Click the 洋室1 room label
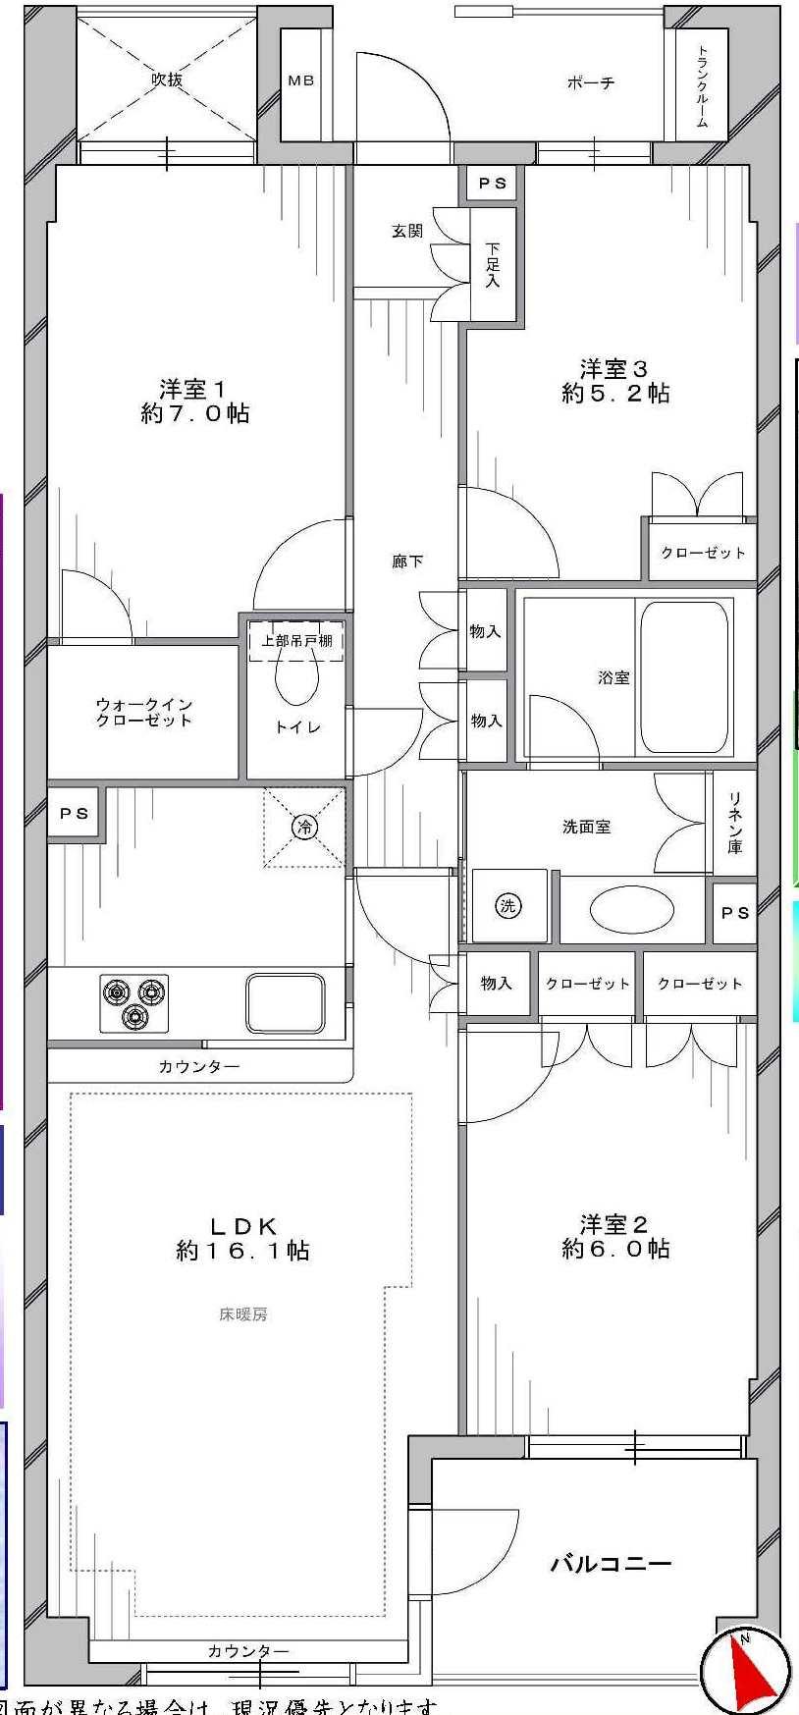pyautogui.click(x=194, y=401)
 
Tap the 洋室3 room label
pyautogui.click(x=615, y=381)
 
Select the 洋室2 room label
pyautogui.click(x=615, y=1236)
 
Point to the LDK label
pyautogui.click(x=242, y=1238)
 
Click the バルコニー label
pyautogui.click(x=611, y=1563)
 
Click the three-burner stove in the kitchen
pyautogui.click(x=133, y=1002)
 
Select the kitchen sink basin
pyautogui.click(x=285, y=1002)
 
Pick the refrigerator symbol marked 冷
pyautogui.click(x=304, y=828)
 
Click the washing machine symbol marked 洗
pyautogui.click(x=507, y=905)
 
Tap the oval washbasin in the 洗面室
pyautogui.click(x=631, y=909)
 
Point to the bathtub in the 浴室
pyautogui.click(x=684, y=676)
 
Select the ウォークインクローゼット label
pyautogui.click(x=143, y=712)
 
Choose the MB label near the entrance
pyautogui.click(x=301, y=80)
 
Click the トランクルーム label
pyautogui.click(x=703, y=86)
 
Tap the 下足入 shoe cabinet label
pyautogui.click(x=492, y=265)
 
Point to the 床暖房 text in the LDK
pyautogui.click(x=242, y=1313)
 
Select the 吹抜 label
pyautogui.click(x=167, y=80)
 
